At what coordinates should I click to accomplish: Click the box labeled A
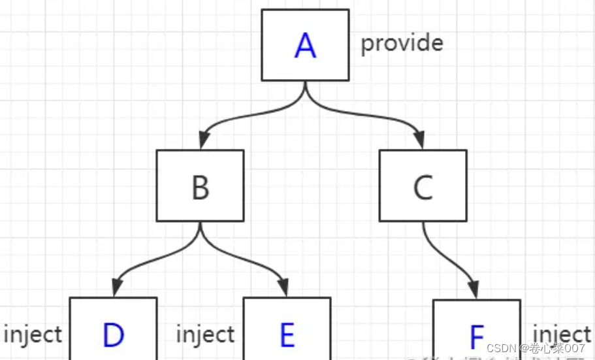coord(305,44)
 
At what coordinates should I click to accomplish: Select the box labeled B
coord(200,186)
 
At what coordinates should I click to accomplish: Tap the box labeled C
coord(423,186)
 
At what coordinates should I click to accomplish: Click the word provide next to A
coord(402,43)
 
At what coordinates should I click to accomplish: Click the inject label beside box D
coord(33,335)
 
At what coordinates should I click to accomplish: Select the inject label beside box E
coord(205,335)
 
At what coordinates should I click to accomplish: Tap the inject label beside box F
coord(562,333)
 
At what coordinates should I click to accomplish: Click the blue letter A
coord(305,46)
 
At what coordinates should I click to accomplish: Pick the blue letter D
coord(113,335)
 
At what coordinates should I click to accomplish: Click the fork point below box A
coord(305,98)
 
